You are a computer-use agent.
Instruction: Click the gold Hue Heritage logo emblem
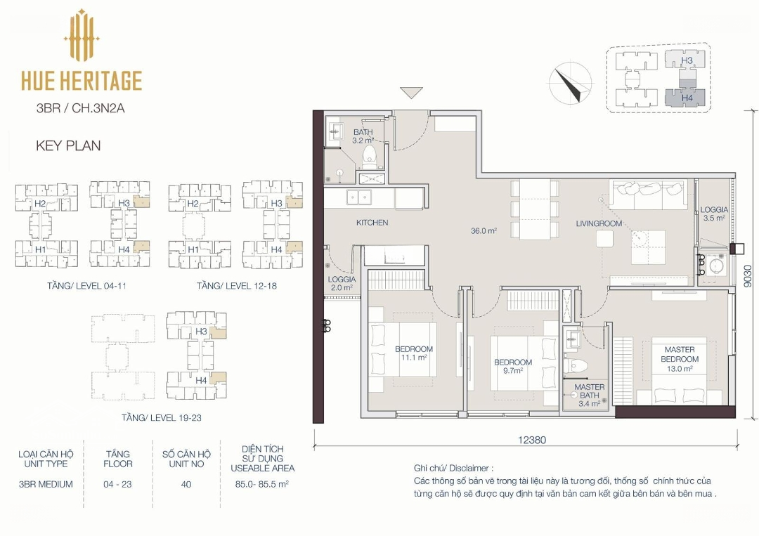point(82,37)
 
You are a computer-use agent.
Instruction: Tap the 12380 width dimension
point(532,440)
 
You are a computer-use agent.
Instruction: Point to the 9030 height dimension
point(748,277)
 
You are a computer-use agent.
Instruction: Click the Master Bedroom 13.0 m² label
point(680,358)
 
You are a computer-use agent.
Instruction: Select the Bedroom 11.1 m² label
point(413,353)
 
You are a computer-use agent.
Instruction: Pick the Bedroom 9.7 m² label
point(512,366)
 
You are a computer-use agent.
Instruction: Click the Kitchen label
point(372,223)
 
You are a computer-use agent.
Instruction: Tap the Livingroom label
point(599,223)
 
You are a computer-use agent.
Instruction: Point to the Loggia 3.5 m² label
point(714,214)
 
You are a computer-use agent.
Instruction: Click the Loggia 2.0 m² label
point(342,284)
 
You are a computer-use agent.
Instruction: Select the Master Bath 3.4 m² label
point(589,396)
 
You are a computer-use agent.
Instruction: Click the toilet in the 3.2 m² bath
point(370,155)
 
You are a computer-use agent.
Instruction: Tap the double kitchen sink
point(358,197)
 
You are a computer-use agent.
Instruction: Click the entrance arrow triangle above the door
point(411,93)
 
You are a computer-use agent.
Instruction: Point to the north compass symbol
point(570,84)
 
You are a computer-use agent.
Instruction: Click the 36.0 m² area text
point(484,230)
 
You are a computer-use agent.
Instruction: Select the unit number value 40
point(186,484)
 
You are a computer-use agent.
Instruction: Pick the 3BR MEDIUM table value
point(46,484)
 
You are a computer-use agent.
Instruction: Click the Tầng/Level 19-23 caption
point(162,417)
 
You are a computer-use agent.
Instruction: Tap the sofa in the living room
point(649,194)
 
